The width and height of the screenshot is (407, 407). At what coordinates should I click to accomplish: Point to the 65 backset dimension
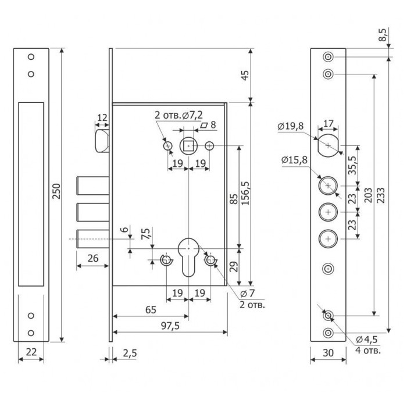click(150, 310)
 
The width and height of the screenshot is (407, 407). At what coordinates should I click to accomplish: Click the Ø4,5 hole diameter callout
click(367, 340)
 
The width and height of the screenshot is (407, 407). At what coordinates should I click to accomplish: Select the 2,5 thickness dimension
click(129, 353)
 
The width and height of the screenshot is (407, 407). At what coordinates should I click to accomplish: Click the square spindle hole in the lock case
click(188, 145)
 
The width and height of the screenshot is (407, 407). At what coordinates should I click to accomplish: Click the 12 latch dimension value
click(102, 118)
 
